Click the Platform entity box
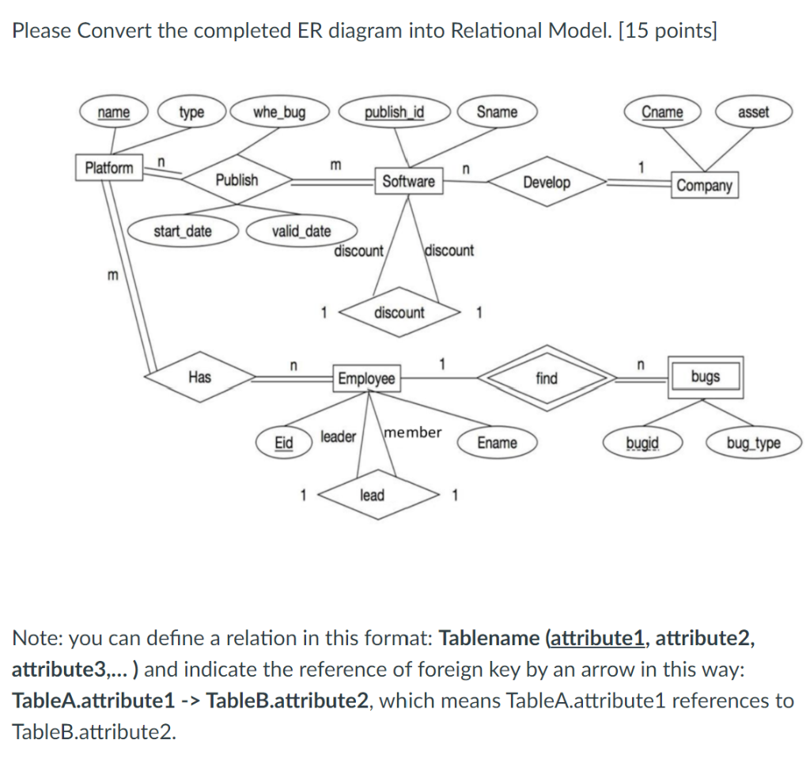click(x=109, y=168)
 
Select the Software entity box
click(x=408, y=181)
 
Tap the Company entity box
click(x=705, y=186)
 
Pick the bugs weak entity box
click(x=705, y=376)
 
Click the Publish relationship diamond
click(x=237, y=179)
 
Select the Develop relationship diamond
click(x=547, y=183)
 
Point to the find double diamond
click(x=547, y=378)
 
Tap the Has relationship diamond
click(x=199, y=377)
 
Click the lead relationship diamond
click(x=372, y=496)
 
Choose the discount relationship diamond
click(x=399, y=312)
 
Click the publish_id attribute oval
click(x=394, y=111)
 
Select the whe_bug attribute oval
click(x=278, y=111)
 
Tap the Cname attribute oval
click(x=662, y=111)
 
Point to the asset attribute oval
click(x=752, y=112)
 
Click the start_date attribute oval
click(x=182, y=231)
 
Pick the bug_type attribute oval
click(x=753, y=443)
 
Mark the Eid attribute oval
click(x=282, y=443)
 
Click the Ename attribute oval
click(x=497, y=443)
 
